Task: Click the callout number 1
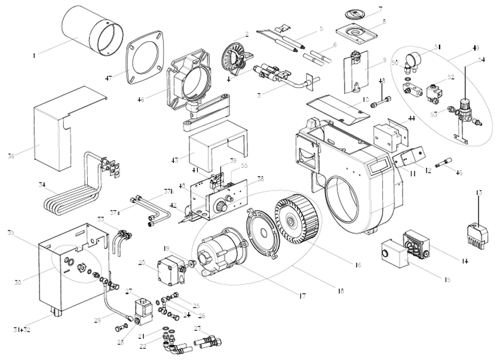[34, 56]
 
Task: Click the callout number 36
[27, 156]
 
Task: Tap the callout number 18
[341, 291]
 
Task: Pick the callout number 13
[478, 193]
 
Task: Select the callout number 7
[380, 9]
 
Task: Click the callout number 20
[142, 262]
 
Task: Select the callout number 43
[174, 160]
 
